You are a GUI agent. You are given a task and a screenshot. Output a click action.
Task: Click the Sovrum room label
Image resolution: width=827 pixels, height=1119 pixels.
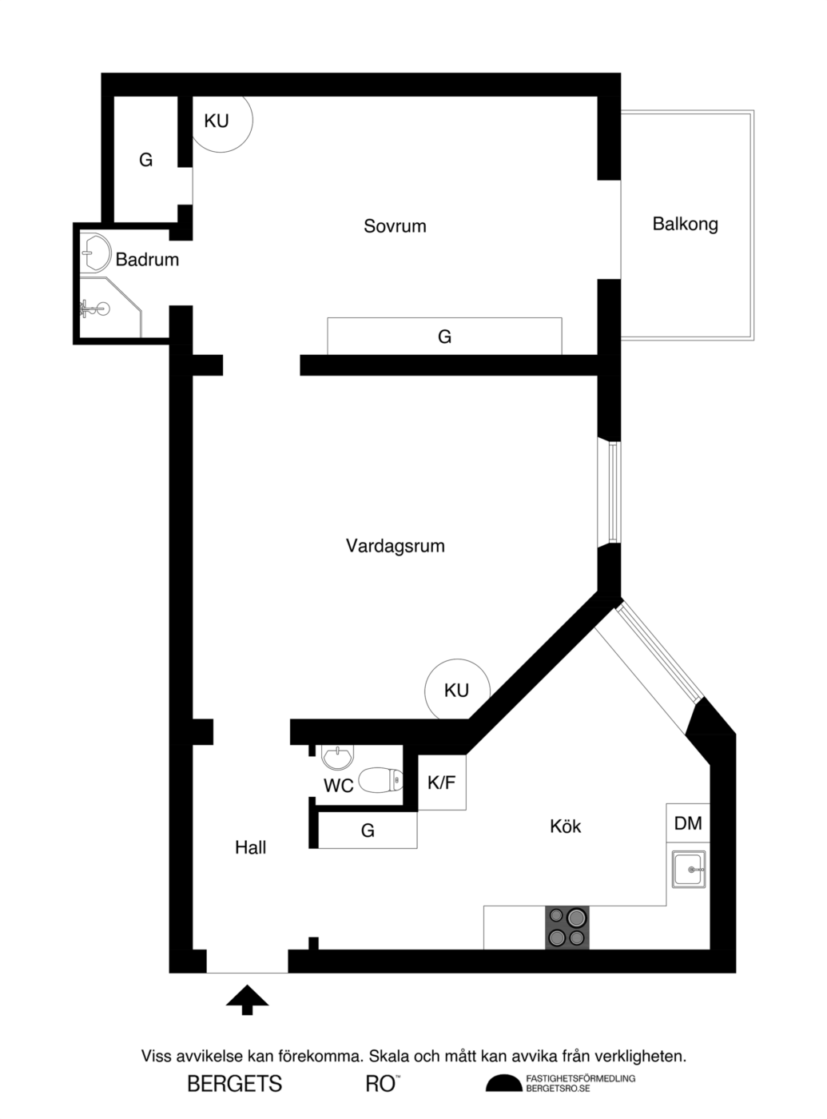pyautogui.click(x=395, y=226)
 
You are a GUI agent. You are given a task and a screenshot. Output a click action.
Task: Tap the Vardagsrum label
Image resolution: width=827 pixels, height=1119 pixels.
pyautogui.click(x=395, y=546)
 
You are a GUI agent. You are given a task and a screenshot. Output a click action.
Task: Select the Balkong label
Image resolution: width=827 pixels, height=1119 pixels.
pyautogui.click(x=685, y=224)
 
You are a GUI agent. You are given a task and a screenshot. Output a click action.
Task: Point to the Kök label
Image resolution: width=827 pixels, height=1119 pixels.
pyautogui.click(x=565, y=826)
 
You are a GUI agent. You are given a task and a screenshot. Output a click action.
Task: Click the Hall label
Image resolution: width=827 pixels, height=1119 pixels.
pyautogui.click(x=250, y=847)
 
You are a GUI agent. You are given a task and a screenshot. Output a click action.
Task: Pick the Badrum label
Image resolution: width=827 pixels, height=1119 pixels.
pyautogui.click(x=147, y=259)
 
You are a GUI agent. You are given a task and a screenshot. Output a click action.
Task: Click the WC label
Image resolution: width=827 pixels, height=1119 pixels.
pyautogui.click(x=338, y=786)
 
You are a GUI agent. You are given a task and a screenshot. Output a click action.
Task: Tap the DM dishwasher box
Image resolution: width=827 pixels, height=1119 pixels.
pyautogui.click(x=688, y=822)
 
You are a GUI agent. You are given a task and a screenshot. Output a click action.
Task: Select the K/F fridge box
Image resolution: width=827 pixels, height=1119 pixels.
pyautogui.click(x=442, y=783)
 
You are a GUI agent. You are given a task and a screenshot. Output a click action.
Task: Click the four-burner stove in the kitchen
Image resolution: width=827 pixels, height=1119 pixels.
pyautogui.click(x=567, y=927)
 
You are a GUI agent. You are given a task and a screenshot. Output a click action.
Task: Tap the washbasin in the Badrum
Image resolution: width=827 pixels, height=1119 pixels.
pyautogui.click(x=95, y=252)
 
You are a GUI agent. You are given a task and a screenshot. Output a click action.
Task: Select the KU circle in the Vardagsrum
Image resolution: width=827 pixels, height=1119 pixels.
pyautogui.click(x=457, y=690)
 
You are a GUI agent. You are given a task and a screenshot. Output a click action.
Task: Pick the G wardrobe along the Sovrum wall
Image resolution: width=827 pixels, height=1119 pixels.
pyautogui.click(x=444, y=336)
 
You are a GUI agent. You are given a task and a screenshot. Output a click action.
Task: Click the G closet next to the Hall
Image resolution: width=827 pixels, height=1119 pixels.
pyautogui.click(x=368, y=830)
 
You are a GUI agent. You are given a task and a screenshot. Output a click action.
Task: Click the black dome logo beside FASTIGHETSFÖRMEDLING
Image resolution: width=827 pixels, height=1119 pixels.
pyautogui.click(x=503, y=1084)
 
